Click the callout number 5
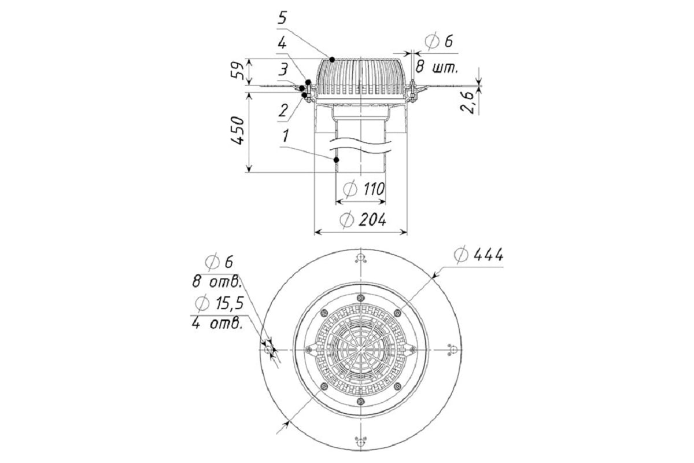tap(282, 18)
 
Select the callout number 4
tap(282, 43)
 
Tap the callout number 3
tap(283, 69)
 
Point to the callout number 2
tap(283, 111)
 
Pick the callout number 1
tap(286, 136)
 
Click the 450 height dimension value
tap(238, 130)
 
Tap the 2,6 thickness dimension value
tap(467, 102)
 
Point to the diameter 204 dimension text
tap(363, 220)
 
